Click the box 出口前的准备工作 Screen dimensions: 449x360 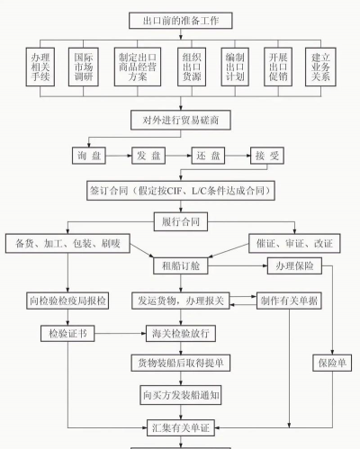(x=180, y=19)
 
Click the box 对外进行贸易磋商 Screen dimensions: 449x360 (x=180, y=120)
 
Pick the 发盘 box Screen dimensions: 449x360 (x=150, y=155)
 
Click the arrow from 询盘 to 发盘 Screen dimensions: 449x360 (x=120, y=155)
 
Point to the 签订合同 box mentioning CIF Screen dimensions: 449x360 (x=180, y=191)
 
